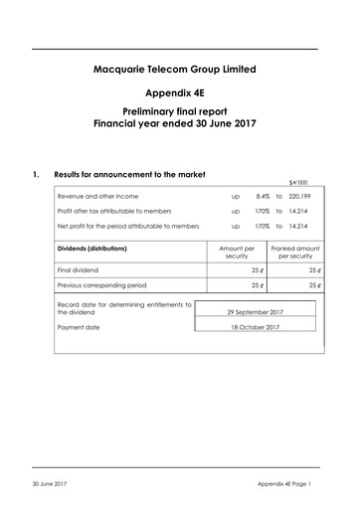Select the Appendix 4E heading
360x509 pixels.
pos(180,93)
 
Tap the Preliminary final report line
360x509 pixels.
pos(180,115)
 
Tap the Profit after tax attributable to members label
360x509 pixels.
pos(118,211)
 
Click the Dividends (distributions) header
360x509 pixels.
pos(100,248)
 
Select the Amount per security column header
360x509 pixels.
pos(235,252)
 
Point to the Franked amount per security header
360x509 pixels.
pos(293,252)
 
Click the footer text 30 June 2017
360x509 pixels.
pos(50,484)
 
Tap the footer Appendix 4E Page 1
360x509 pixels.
pos(283,484)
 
